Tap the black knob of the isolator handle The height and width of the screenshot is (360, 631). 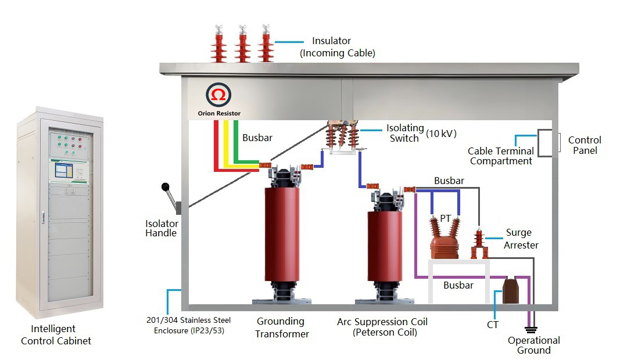[x=166, y=188]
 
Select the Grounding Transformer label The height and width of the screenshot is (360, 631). [x=282, y=327]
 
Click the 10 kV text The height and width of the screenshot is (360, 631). [x=441, y=134]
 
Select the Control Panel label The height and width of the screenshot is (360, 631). [x=585, y=145]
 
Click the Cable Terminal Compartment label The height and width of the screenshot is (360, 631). [x=500, y=156]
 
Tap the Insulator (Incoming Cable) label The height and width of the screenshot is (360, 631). [x=337, y=47]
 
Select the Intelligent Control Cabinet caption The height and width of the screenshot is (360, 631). [x=56, y=335]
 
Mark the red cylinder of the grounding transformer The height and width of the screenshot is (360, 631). [x=282, y=232]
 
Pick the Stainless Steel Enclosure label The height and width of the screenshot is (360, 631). [x=188, y=325]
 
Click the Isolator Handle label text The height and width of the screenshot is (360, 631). [x=162, y=228]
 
